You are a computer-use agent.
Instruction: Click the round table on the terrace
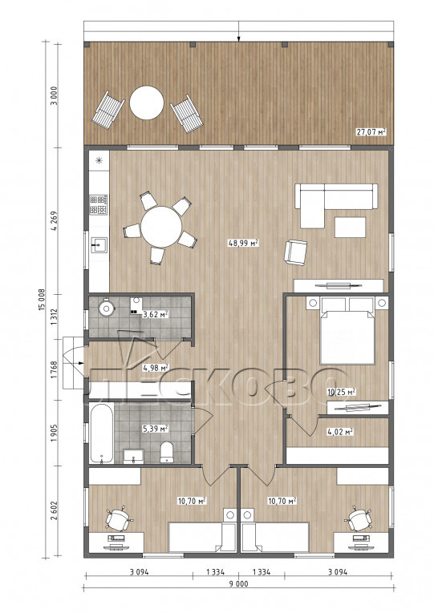pyautogui.click(x=146, y=103)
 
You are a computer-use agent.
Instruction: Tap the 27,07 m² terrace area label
pyautogui.click(x=371, y=131)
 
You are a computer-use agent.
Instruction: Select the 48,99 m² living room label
pyautogui.click(x=243, y=243)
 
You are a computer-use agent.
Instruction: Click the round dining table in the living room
pyautogui.click(x=161, y=227)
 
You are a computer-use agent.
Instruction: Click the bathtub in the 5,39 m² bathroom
pyautogui.click(x=102, y=434)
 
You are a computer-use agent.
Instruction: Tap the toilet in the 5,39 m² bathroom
pyautogui.click(x=167, y=452)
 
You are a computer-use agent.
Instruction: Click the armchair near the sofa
pyautogui.click(x=295, y=252)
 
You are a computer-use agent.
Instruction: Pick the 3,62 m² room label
pyautogui.click(x=156, y=314)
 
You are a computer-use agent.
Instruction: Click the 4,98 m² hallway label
pyautogui.click(x=156, y=368)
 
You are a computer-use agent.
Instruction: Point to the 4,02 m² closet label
pyautogui.click(x=340, y=432)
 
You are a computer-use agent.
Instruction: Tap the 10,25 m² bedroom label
pyautogui.click(x=341, y=391)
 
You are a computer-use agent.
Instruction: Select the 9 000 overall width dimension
pyautogui.click(x=238, y=584)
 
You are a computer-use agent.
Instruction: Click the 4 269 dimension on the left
pyautogui.click(x=54, y=221)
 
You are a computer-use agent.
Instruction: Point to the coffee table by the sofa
pyautogui.click(x=351, y=227)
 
